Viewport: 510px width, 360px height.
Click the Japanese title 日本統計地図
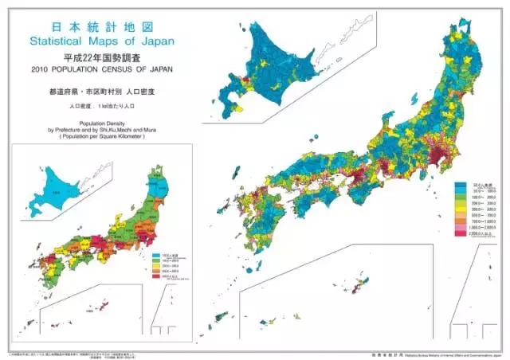pos(100,26)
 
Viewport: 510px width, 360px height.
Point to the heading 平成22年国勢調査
pos(100,57)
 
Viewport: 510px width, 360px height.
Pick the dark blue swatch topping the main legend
pos(461,186)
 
